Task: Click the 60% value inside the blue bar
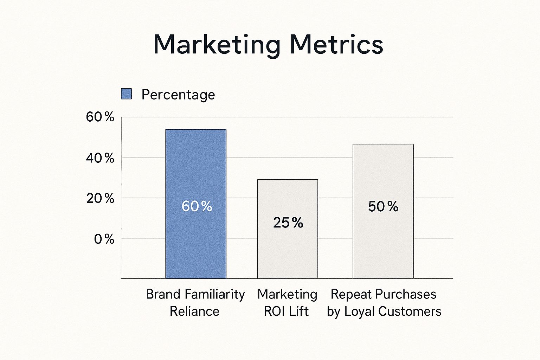197,206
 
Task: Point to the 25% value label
288,223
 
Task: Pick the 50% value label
383,206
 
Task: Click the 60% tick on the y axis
100,117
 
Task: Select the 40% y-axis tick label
100,158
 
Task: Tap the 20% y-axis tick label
100,199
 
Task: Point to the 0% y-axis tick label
104,239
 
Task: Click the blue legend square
126,94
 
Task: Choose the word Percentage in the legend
178,95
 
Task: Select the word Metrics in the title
336,45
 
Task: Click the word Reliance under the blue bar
194,311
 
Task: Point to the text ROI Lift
286,311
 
